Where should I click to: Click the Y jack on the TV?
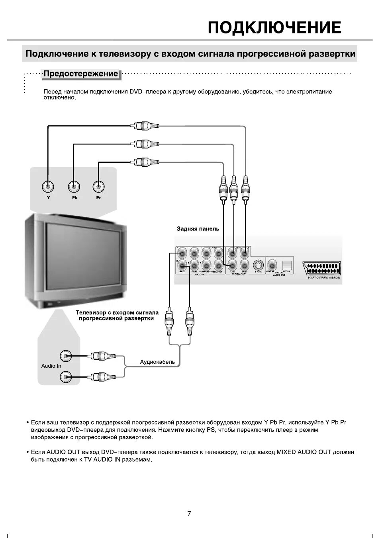pos(48,186)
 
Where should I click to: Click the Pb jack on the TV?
pos(74,186)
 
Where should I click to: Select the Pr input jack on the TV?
pos(98,186)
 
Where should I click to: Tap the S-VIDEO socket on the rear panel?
pos(258,265)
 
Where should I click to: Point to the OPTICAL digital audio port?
pos(287,265)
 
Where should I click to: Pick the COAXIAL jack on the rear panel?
pos(272,265)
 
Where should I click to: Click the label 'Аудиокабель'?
pos(157,362)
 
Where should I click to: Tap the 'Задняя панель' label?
pos(198,229)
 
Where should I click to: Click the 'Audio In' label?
pos(51,366)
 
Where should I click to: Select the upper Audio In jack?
pos(66,355)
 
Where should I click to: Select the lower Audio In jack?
pos(66,376)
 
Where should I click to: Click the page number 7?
pos(189,513)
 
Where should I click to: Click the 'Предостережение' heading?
pos(81,74)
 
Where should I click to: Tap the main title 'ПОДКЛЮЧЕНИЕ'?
pos(275,27)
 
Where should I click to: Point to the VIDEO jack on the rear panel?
pos(245,265)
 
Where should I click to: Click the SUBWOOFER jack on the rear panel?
pos(218,265)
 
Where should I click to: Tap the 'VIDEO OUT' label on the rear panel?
pos(239,274)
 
